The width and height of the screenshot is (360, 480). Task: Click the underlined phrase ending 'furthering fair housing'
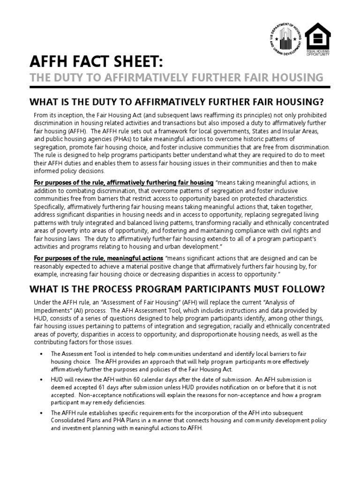coord(124,182)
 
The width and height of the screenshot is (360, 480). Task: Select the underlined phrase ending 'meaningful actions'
coord(98,258)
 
